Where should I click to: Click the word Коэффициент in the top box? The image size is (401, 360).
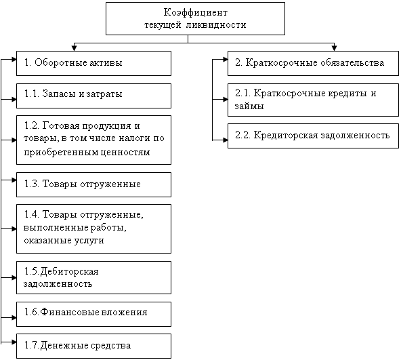coord(195,13)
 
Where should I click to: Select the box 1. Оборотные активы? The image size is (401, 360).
coord(94,63)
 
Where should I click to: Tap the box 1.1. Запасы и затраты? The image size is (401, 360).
coord(94,96)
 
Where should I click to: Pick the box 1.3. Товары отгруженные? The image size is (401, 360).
coord(94,184)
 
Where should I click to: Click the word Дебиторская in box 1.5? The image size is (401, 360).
coord(69,271)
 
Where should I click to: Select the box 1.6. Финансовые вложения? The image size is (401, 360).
coord(94,314)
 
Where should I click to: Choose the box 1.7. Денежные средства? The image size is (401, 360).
coord(94,346)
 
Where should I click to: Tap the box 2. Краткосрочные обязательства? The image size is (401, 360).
coord(313,63)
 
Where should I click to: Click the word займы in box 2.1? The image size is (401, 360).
coord(249,106)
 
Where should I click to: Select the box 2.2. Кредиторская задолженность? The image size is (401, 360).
coord(313,136)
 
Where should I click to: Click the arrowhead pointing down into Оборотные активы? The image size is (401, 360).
coord(74,48)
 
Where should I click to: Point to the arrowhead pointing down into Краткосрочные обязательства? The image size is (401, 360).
coord(334,48)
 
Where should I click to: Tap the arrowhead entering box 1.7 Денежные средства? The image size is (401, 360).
coord(14,342)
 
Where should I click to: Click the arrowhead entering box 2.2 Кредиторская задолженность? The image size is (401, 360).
coord(225,140)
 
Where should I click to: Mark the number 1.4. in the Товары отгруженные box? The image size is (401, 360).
coord(32,214)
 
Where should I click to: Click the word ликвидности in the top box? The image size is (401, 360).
coord(216,25)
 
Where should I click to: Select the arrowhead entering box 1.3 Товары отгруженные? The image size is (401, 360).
coord(14,180)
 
